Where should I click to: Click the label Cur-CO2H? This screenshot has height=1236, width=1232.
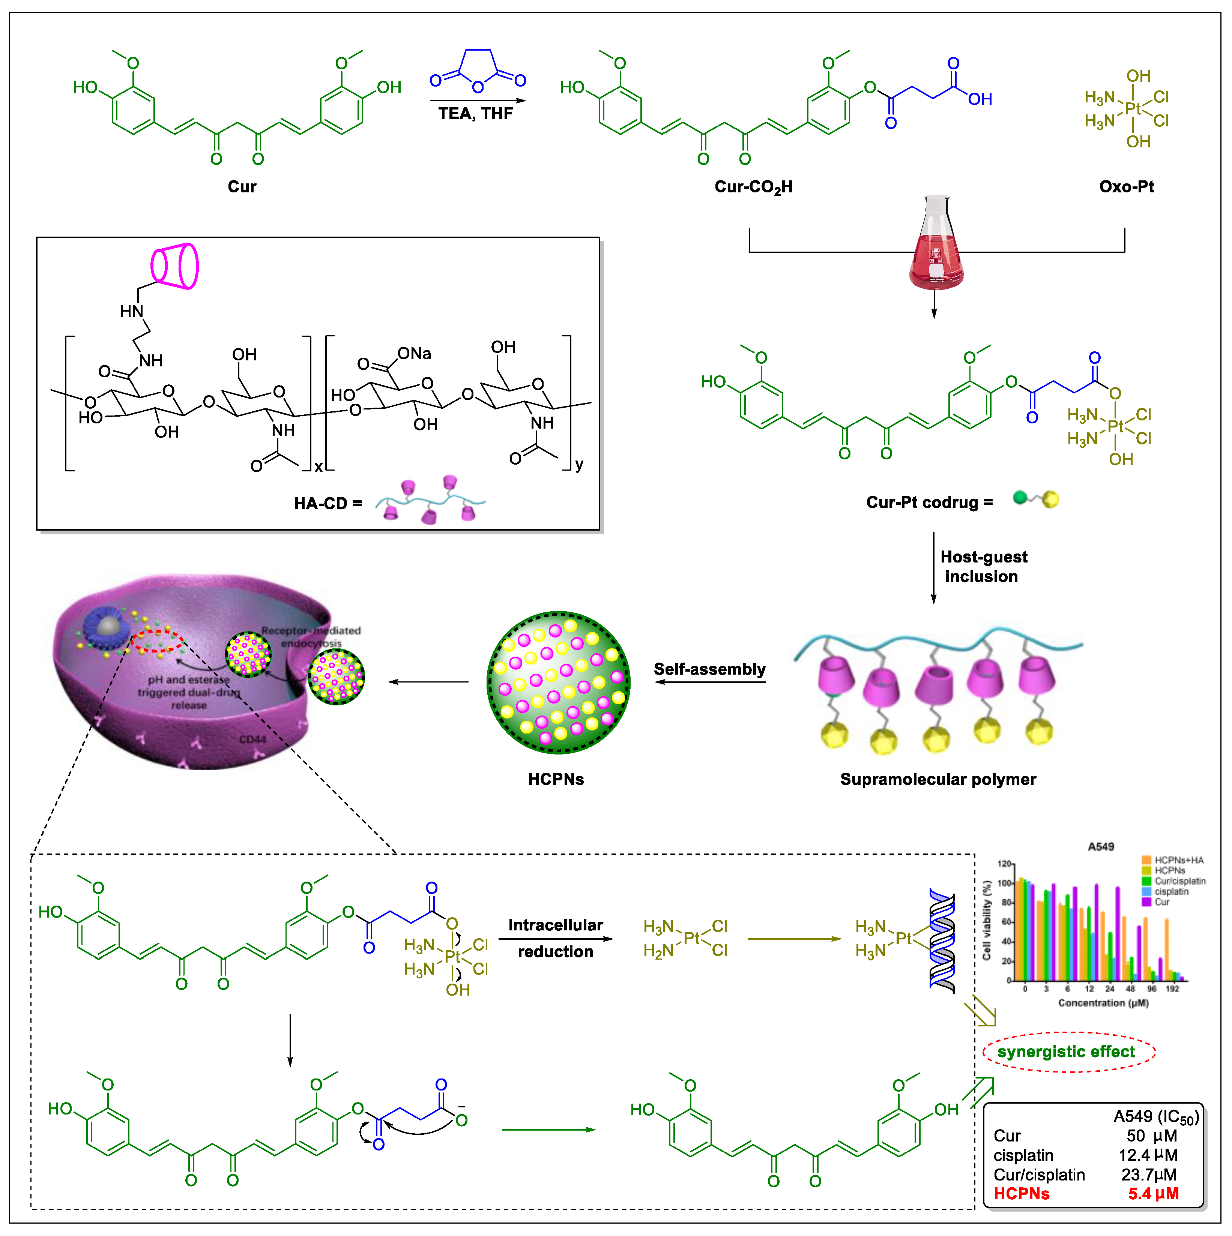point(753,187)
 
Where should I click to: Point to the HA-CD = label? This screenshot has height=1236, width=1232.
point(328,504)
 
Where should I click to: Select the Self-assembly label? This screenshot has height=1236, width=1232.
point(709,669)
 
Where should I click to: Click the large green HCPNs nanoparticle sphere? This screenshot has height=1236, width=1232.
point(558,682)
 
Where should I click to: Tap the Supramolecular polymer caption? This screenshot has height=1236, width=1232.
point(938,779)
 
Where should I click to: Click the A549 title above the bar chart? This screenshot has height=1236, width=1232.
point(1101,846)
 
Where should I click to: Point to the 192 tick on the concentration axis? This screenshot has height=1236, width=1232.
point(1172,989)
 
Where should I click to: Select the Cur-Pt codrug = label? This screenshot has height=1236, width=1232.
point(929,502)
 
